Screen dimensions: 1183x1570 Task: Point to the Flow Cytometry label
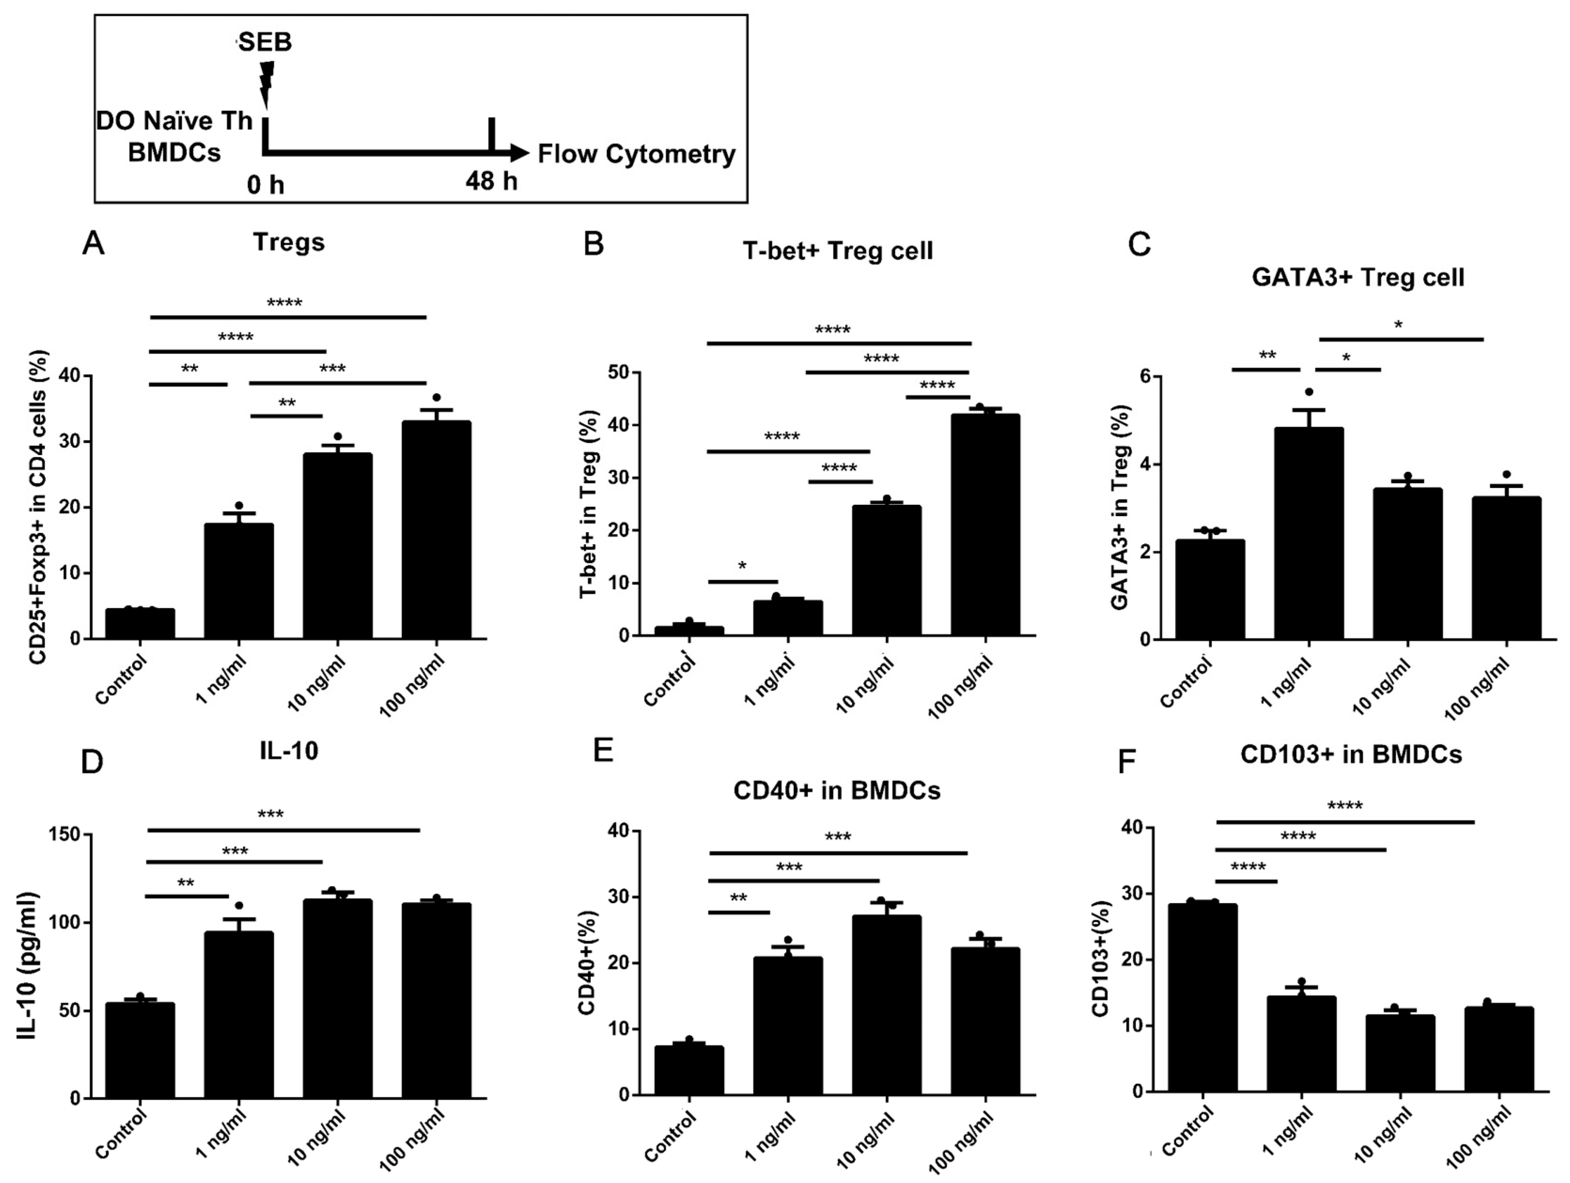(x=637, y=154)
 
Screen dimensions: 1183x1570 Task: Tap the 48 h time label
(x=491, y=181)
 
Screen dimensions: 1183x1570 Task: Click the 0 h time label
(x=265, y=185)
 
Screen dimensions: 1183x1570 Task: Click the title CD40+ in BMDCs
(x=837, y=790)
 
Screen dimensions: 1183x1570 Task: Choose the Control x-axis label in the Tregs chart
(x=121, y=680)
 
